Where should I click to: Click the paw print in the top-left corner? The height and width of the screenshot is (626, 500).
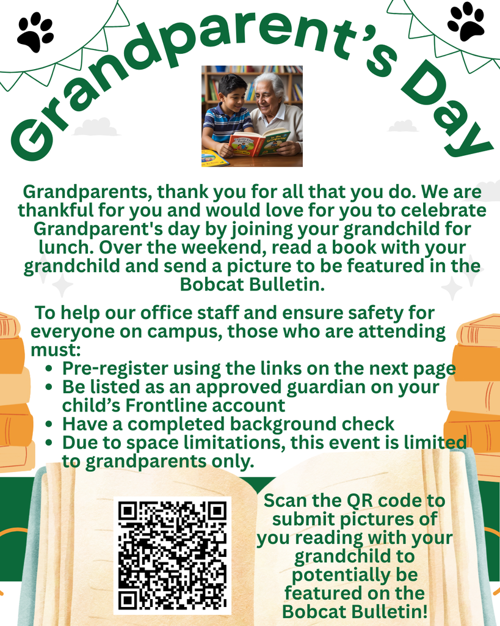click(x=35, y=32)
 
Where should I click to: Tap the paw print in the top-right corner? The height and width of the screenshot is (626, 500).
click(x=465, y=21)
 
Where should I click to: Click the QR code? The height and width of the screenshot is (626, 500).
click(x=172, y=555)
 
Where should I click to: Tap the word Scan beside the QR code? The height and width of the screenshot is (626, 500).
click(x=286, y=501)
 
